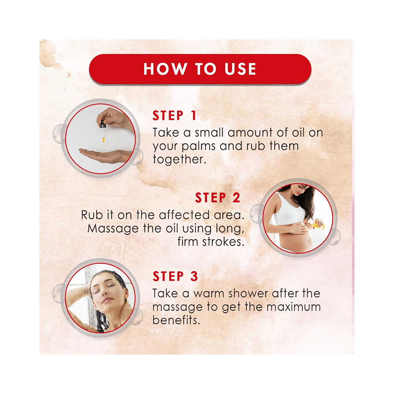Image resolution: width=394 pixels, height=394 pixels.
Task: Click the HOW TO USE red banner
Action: [200, 69]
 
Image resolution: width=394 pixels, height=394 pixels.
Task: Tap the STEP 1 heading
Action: [174, 116]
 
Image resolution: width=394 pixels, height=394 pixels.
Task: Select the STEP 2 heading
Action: [217, 198]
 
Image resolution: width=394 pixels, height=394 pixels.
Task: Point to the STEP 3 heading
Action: [175, 277]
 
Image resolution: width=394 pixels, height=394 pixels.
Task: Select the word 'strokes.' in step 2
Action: [223, 242]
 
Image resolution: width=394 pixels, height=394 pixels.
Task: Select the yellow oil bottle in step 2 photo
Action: [317, 225]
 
